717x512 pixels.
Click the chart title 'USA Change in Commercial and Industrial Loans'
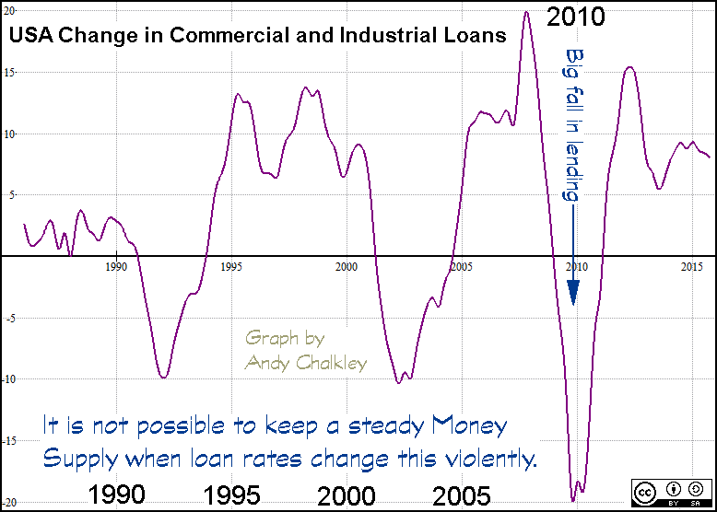[257, 36]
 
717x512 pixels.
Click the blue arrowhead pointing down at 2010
[573, 293]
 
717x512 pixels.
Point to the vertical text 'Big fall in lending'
[573, 125]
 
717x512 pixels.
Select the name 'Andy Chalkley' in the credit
[306, 363]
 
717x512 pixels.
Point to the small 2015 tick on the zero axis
[692, 266]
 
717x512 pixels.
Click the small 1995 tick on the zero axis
[231, 266]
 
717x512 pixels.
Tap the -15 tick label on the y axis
[9, 441]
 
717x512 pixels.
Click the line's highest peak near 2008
[526, 12]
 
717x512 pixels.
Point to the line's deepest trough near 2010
[573, 500]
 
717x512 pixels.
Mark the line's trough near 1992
[163, 377]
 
